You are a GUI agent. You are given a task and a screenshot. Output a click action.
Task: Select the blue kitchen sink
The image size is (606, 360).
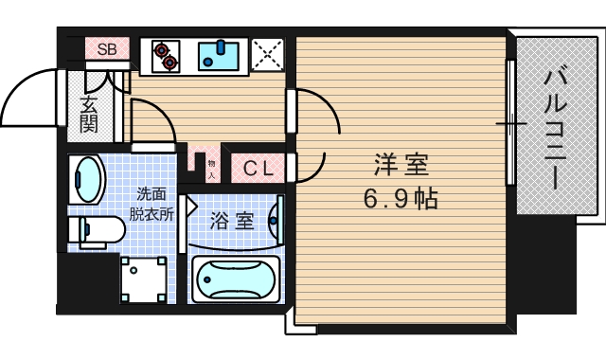pos(222,56)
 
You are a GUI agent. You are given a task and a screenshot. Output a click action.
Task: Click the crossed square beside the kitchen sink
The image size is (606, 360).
pos(268,55)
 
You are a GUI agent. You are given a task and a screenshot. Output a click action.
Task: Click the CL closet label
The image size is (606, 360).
pos(258,169)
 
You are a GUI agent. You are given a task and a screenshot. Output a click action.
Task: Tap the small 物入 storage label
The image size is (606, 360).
pos(212,169)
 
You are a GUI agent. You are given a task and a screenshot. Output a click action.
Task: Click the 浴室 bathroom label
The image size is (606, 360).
pos(232,223)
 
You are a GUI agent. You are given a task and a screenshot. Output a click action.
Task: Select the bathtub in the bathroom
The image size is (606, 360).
pos(236,279)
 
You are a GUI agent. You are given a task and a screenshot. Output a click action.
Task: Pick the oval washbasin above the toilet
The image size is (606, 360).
pos(89,179)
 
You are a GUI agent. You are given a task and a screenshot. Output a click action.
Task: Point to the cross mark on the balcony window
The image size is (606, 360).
pos(511,124)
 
